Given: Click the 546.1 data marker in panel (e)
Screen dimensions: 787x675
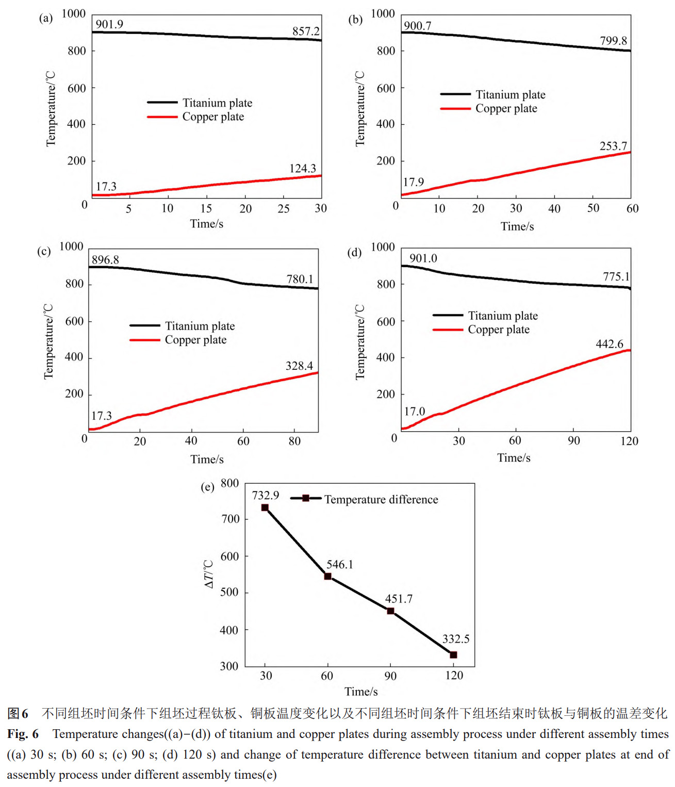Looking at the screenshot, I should [328, 576].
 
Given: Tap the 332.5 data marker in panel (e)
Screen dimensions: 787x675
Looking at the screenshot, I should [453, 654].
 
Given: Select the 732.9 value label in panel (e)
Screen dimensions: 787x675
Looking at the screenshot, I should [265, 496].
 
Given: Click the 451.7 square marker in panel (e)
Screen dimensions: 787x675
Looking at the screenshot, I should [390, 611].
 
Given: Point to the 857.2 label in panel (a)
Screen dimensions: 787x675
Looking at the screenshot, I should [306, 31].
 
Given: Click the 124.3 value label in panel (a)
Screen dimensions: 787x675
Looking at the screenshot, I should [302, 169].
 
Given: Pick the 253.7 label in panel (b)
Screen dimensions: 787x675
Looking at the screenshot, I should [613, 146].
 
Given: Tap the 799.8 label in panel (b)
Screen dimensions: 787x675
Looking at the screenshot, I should [613, 41].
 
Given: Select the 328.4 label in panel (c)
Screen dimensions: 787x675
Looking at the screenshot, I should [299, 366].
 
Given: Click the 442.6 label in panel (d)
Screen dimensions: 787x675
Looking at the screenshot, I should [609, 344].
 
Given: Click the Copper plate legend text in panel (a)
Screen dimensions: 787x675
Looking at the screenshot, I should [213, 117].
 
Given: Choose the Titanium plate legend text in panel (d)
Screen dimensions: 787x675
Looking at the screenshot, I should [503, 316].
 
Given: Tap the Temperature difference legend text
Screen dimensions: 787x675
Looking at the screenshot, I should [381, 499].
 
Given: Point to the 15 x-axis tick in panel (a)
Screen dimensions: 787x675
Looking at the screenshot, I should [206, 208].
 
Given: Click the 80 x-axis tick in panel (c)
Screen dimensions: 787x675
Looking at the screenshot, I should [294, 441].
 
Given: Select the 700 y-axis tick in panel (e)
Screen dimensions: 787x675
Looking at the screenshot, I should [231, 519].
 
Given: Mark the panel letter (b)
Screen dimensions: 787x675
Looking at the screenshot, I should [355, 20].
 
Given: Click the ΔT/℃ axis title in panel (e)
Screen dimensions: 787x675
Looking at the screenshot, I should [209, 574].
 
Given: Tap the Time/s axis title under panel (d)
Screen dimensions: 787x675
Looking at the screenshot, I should [514, 457].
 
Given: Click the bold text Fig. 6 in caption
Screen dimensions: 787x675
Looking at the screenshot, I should [23, 733].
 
